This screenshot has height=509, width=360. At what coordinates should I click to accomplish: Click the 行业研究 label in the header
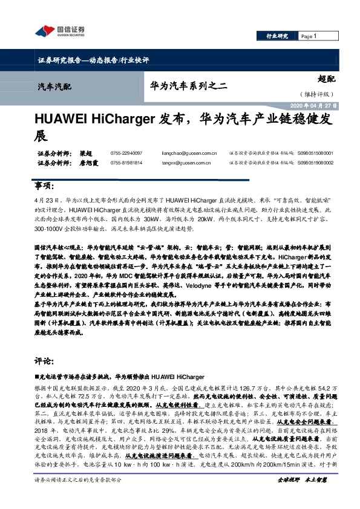[x=278, y=36]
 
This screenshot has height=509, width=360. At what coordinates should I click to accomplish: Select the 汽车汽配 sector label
[x=54, y=87]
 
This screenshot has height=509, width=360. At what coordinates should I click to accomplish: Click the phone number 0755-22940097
[x=127, y=154]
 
